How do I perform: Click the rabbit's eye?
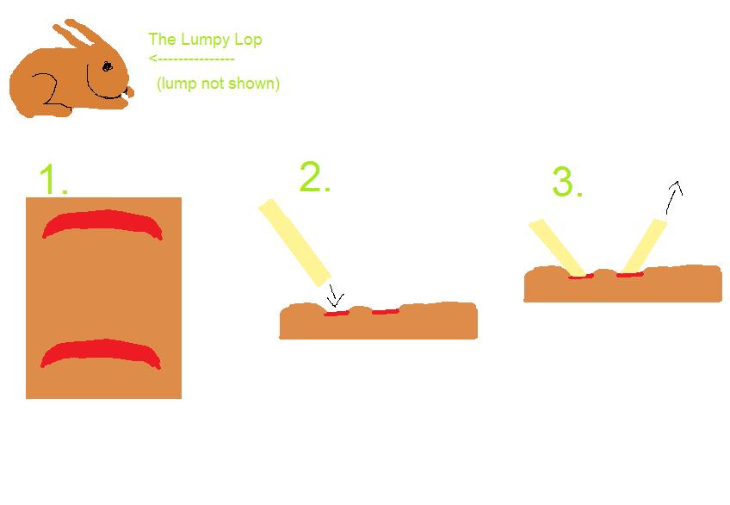(107, 66)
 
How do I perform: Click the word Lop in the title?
(249, 40)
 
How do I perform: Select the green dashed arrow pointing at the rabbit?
(191, 59)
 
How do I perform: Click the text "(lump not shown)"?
(218, 84)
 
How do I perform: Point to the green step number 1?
(53, 179)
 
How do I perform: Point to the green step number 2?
(315, 177)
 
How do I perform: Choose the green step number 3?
(567, 181)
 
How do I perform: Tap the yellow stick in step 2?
(294, 242)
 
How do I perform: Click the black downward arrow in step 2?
(335, 296)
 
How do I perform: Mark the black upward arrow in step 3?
(674, 197)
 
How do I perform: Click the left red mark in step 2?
(337, 314)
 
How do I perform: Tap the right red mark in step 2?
(385, 312)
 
